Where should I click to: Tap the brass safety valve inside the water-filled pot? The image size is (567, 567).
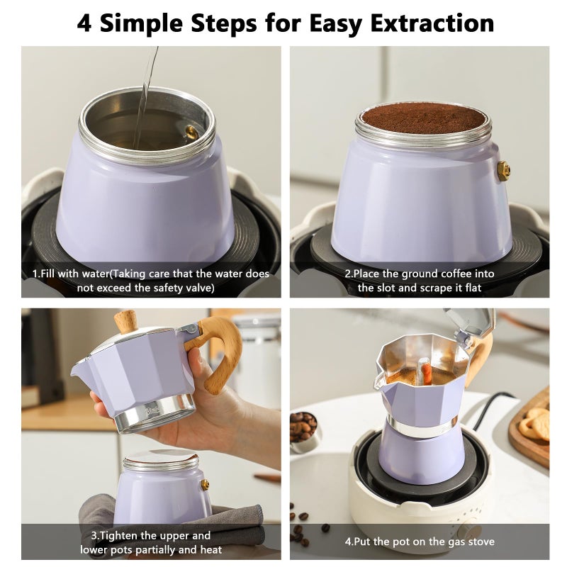click(191, 132)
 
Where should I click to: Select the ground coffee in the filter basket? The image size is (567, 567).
click(423, 118)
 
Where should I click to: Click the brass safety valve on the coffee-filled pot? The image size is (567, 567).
click(503, 170)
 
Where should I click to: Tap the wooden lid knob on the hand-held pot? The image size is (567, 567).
click(126, 321)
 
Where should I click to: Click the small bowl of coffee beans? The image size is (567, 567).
click(303, 430)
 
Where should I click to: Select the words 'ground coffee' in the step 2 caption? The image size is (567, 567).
click(428, 274)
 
